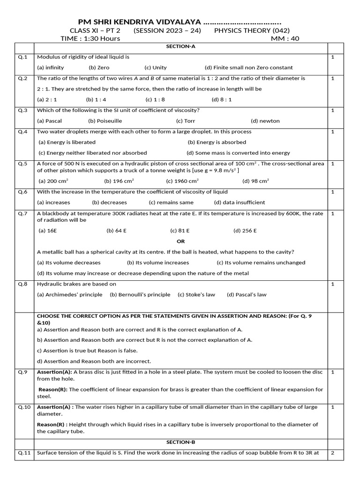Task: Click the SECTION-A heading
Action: [180, 47]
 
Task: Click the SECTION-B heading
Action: [180, 442]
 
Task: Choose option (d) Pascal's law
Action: [247, 294]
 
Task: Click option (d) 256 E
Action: [245, 231]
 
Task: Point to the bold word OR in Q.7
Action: [180, 241]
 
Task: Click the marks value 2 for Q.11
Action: [332, 453]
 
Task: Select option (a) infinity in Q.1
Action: [51, 67]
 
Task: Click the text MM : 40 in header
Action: [285, 38]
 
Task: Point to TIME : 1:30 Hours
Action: [90, 38]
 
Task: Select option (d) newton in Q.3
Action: [265, 121]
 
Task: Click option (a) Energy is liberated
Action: [67, 142]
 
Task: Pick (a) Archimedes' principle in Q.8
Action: [69, 294]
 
